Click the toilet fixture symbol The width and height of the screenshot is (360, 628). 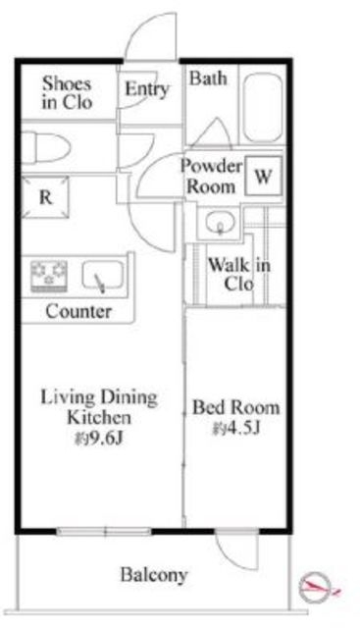click(x=45, y=148)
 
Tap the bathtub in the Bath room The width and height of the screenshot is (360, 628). click(x=262, y=107)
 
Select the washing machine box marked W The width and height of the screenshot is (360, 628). click(x=263, y=176)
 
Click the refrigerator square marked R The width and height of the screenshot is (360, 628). click(x=45, y=197)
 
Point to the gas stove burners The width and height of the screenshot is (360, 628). click(x=49, y=276)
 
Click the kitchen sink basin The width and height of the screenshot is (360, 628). click(x=103, y=275)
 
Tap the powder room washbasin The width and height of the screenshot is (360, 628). click(x=220, y=223)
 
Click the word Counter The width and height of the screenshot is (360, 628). click(x=78, y=311)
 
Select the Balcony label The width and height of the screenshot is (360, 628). click(x=154, y=575)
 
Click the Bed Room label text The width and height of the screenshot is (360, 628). click(x=235, y=407)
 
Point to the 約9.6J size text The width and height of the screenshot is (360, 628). click(x=98, y=439)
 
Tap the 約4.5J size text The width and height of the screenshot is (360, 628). click(x=236, y=429)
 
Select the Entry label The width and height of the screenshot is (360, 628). click(x=146, y=89)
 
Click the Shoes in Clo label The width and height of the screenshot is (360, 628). click(x=67, y=92)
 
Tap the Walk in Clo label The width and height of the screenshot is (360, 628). click(x=239, y=275)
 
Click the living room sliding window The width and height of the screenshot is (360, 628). click(x=104, y=532)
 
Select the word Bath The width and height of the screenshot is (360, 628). click(x=208, y=78)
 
